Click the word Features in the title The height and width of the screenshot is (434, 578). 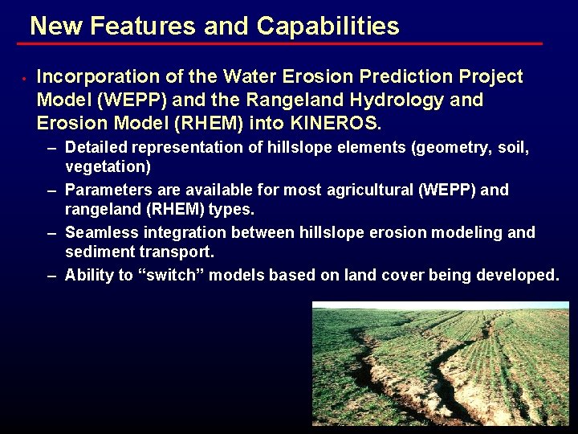pos(143,27)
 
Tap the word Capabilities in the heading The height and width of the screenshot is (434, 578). pos(328,27)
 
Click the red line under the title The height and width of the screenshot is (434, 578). pos(281,43)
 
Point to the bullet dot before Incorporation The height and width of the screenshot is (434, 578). pos(25,78)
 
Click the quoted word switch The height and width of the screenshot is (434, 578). pos(173,275)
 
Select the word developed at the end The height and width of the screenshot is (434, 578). pos(518,275)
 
